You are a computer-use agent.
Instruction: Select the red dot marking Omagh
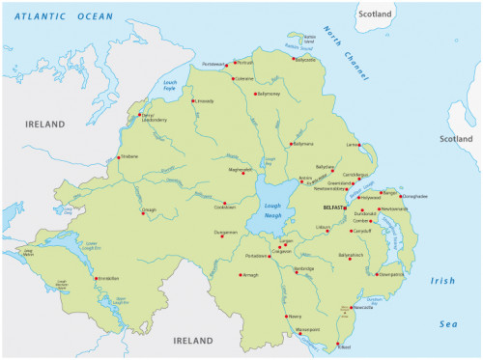coord(143,213)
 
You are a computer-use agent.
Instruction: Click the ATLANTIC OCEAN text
coord(63,16)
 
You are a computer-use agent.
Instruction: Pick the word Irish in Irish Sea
coord(442,281)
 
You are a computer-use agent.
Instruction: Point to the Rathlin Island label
coord(308,39)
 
